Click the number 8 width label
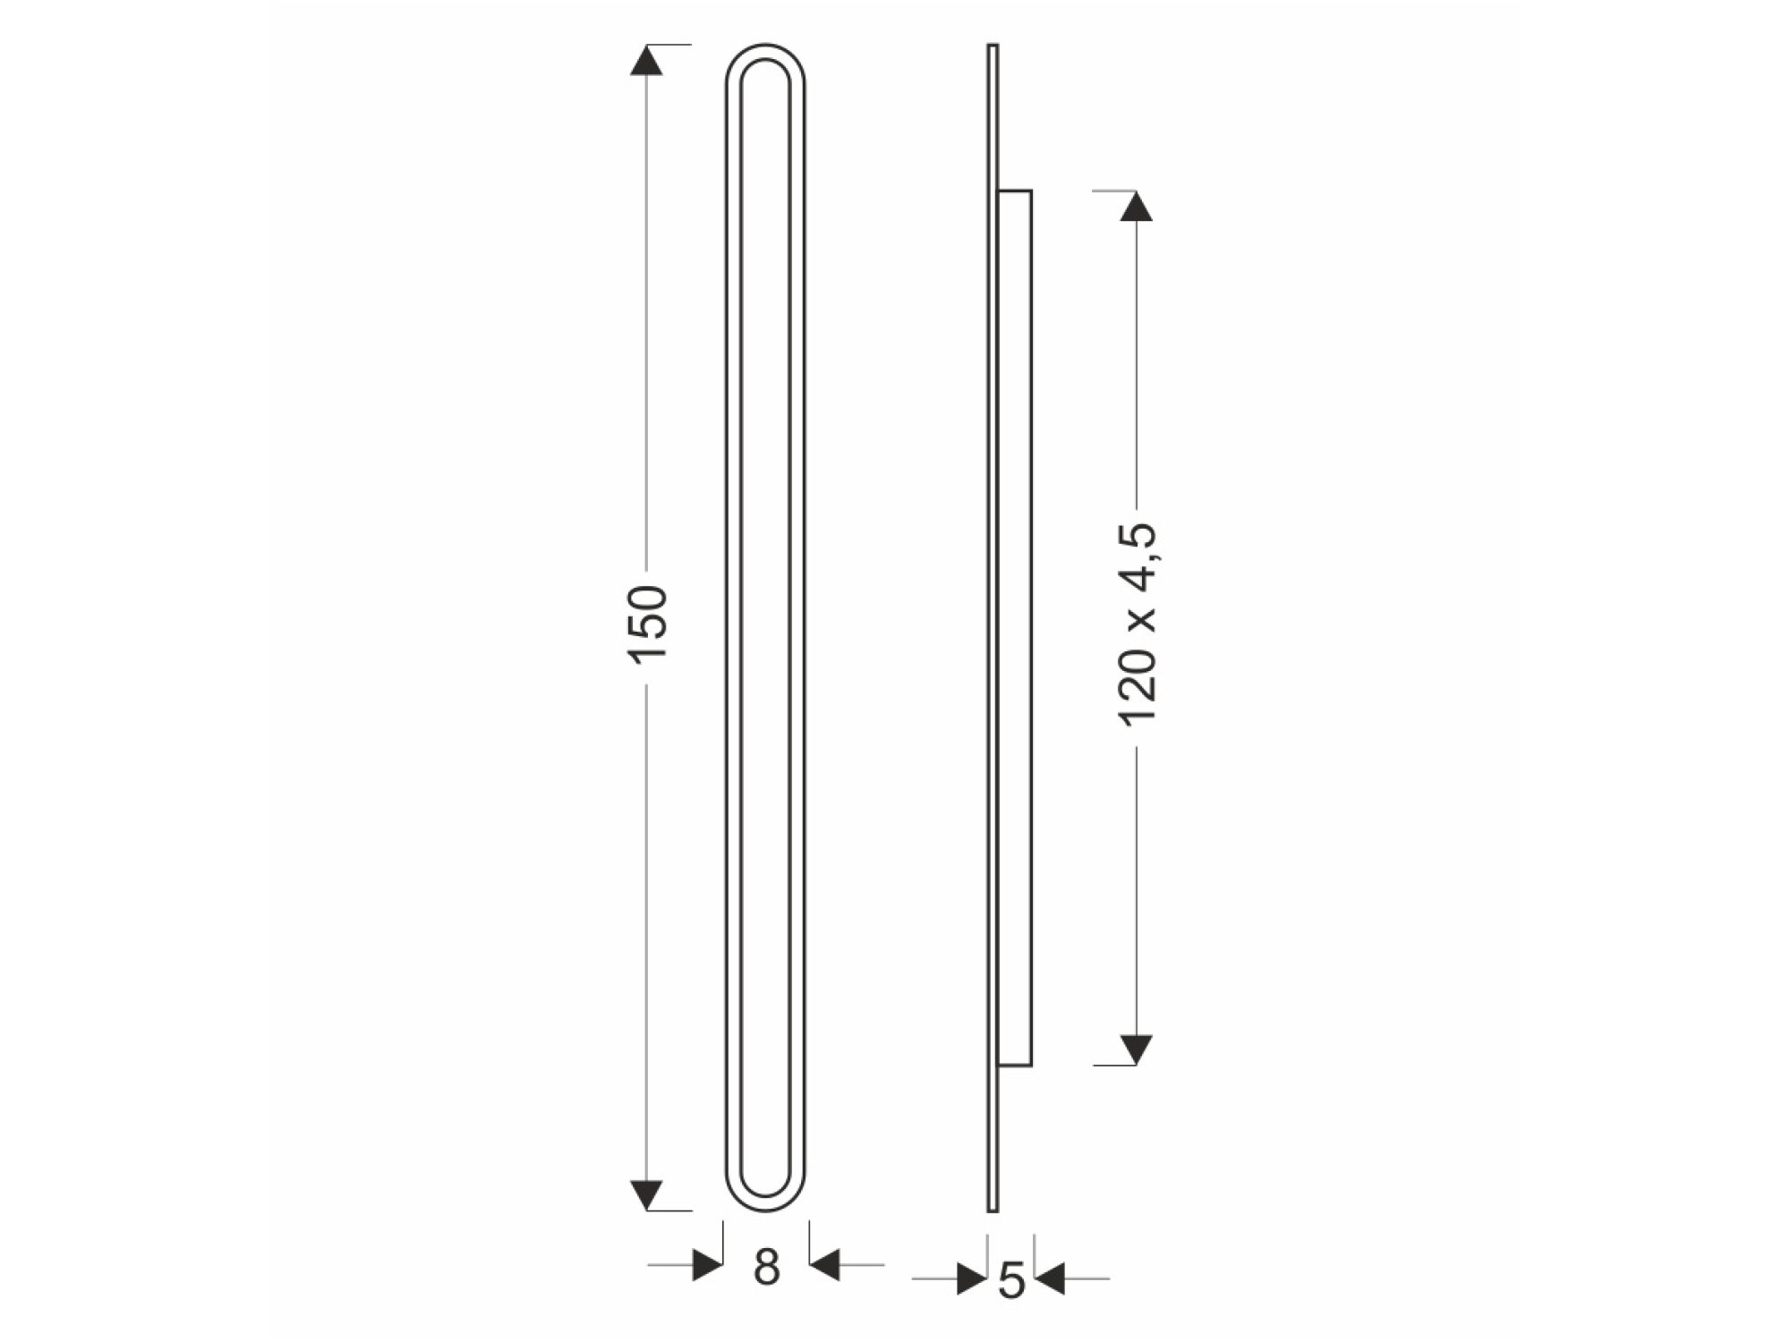pyautogui.click(x=766, y=1267)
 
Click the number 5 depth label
pyautogui.click(x=1010, y=1280)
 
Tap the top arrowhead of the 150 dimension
pyautogui.click(x=646, y=60)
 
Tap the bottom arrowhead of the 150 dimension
pyautogui.click(x=646, y=1195)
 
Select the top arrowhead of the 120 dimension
pyautogui.click(x=1136, y=206)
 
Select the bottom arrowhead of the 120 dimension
pyautogui.click(x=1136, y=1049)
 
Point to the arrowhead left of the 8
pyautogui.click(x=707, y=1265)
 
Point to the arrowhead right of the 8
pyautogui.click(x=824, y=1265)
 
